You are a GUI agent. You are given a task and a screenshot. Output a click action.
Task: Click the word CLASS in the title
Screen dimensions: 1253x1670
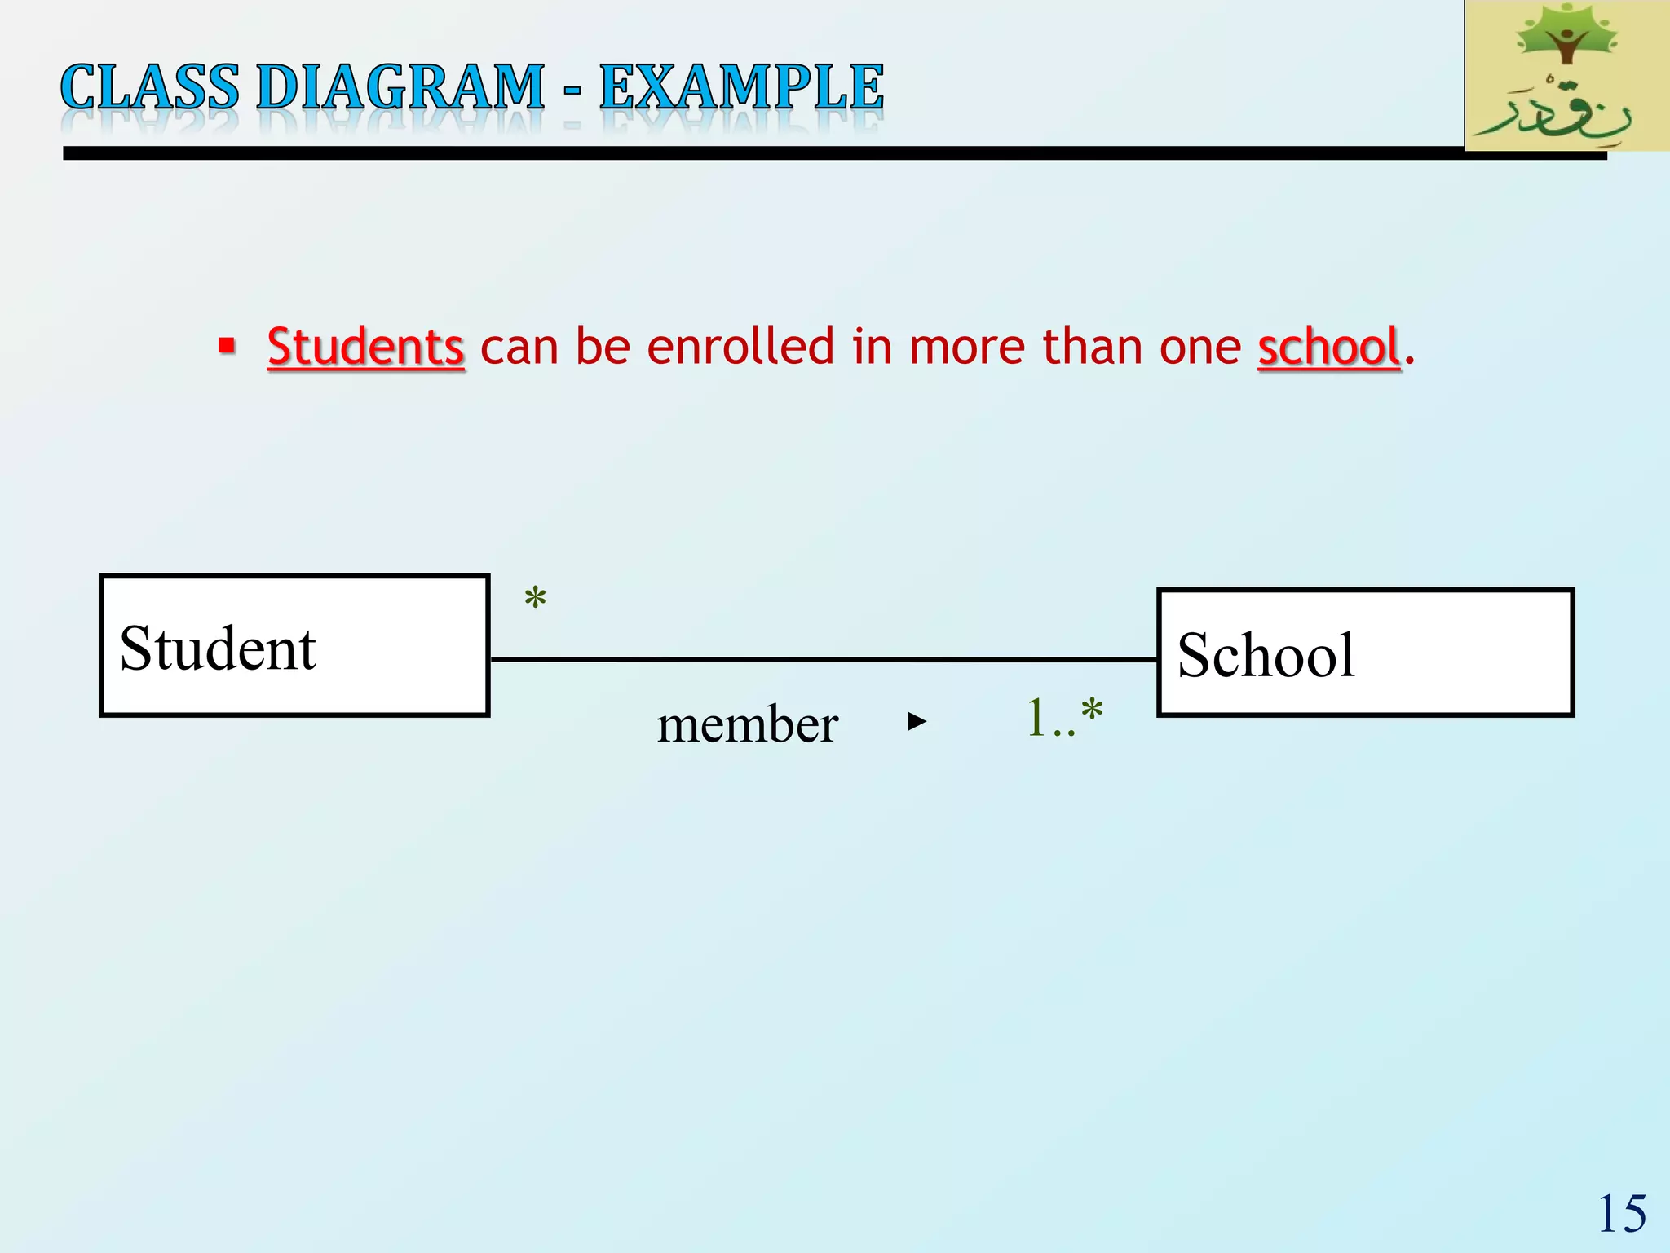pos(150,87)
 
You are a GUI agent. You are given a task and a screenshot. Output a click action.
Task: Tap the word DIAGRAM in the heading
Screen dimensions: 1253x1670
pos(400,87)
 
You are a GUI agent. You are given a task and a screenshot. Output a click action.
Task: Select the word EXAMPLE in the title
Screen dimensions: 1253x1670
pos(741,87)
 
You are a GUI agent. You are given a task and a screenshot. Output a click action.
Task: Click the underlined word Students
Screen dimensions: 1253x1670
pos(366,347)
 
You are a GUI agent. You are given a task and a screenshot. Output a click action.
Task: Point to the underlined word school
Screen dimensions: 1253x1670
pos(1328,347)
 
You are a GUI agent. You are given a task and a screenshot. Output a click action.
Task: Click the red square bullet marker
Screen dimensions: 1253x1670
pos(227,345)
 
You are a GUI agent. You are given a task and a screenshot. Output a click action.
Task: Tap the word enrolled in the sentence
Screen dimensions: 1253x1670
pos(740,347)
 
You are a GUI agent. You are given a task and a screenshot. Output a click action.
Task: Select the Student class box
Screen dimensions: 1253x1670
pos(294,646)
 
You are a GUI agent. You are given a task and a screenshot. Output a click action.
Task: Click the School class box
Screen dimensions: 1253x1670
pos(1365,653)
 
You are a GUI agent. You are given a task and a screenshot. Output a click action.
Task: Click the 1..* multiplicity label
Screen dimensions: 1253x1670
pos(1064,719)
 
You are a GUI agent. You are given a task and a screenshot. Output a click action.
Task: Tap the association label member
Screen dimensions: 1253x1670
pos(747,724)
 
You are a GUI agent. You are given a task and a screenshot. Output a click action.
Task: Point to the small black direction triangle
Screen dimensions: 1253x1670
pos(917,721)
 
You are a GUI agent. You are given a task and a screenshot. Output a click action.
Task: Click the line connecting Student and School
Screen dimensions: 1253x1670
pos(824,659)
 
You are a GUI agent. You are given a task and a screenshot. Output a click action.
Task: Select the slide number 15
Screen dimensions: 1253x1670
pos(1622,1214)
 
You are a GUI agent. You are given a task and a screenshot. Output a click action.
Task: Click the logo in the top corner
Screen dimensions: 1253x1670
pos(1566,76)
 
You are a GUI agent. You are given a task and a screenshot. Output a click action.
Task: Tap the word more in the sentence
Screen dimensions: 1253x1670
pos(966,347)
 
